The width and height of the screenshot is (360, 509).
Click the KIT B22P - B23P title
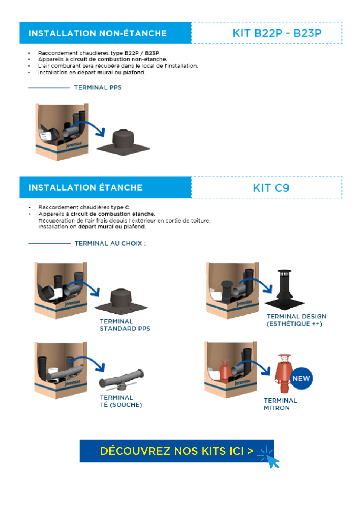click(x=277, y=33)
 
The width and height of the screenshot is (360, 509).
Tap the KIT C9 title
click(x=271, y=188)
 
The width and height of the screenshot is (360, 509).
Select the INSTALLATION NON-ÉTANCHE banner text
click(x=98, y=33)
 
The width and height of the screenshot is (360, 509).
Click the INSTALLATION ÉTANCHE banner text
click(x=86, y=187)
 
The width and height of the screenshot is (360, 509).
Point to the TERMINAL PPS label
click(x=98, y=87)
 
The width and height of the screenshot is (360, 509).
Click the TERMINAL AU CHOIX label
click(x=110, y=243)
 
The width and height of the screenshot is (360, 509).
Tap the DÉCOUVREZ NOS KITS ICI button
click(x=176, y=451)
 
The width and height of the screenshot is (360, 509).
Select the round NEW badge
click(x=301, y=378)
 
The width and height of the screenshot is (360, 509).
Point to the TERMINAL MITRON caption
click(x=280, y=404)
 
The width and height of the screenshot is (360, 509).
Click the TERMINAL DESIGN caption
click(x=296, y=320)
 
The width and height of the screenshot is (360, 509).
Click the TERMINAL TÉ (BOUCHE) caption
click(x=121, y=401)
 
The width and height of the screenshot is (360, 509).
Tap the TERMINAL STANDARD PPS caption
click(x=125, y=325)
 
